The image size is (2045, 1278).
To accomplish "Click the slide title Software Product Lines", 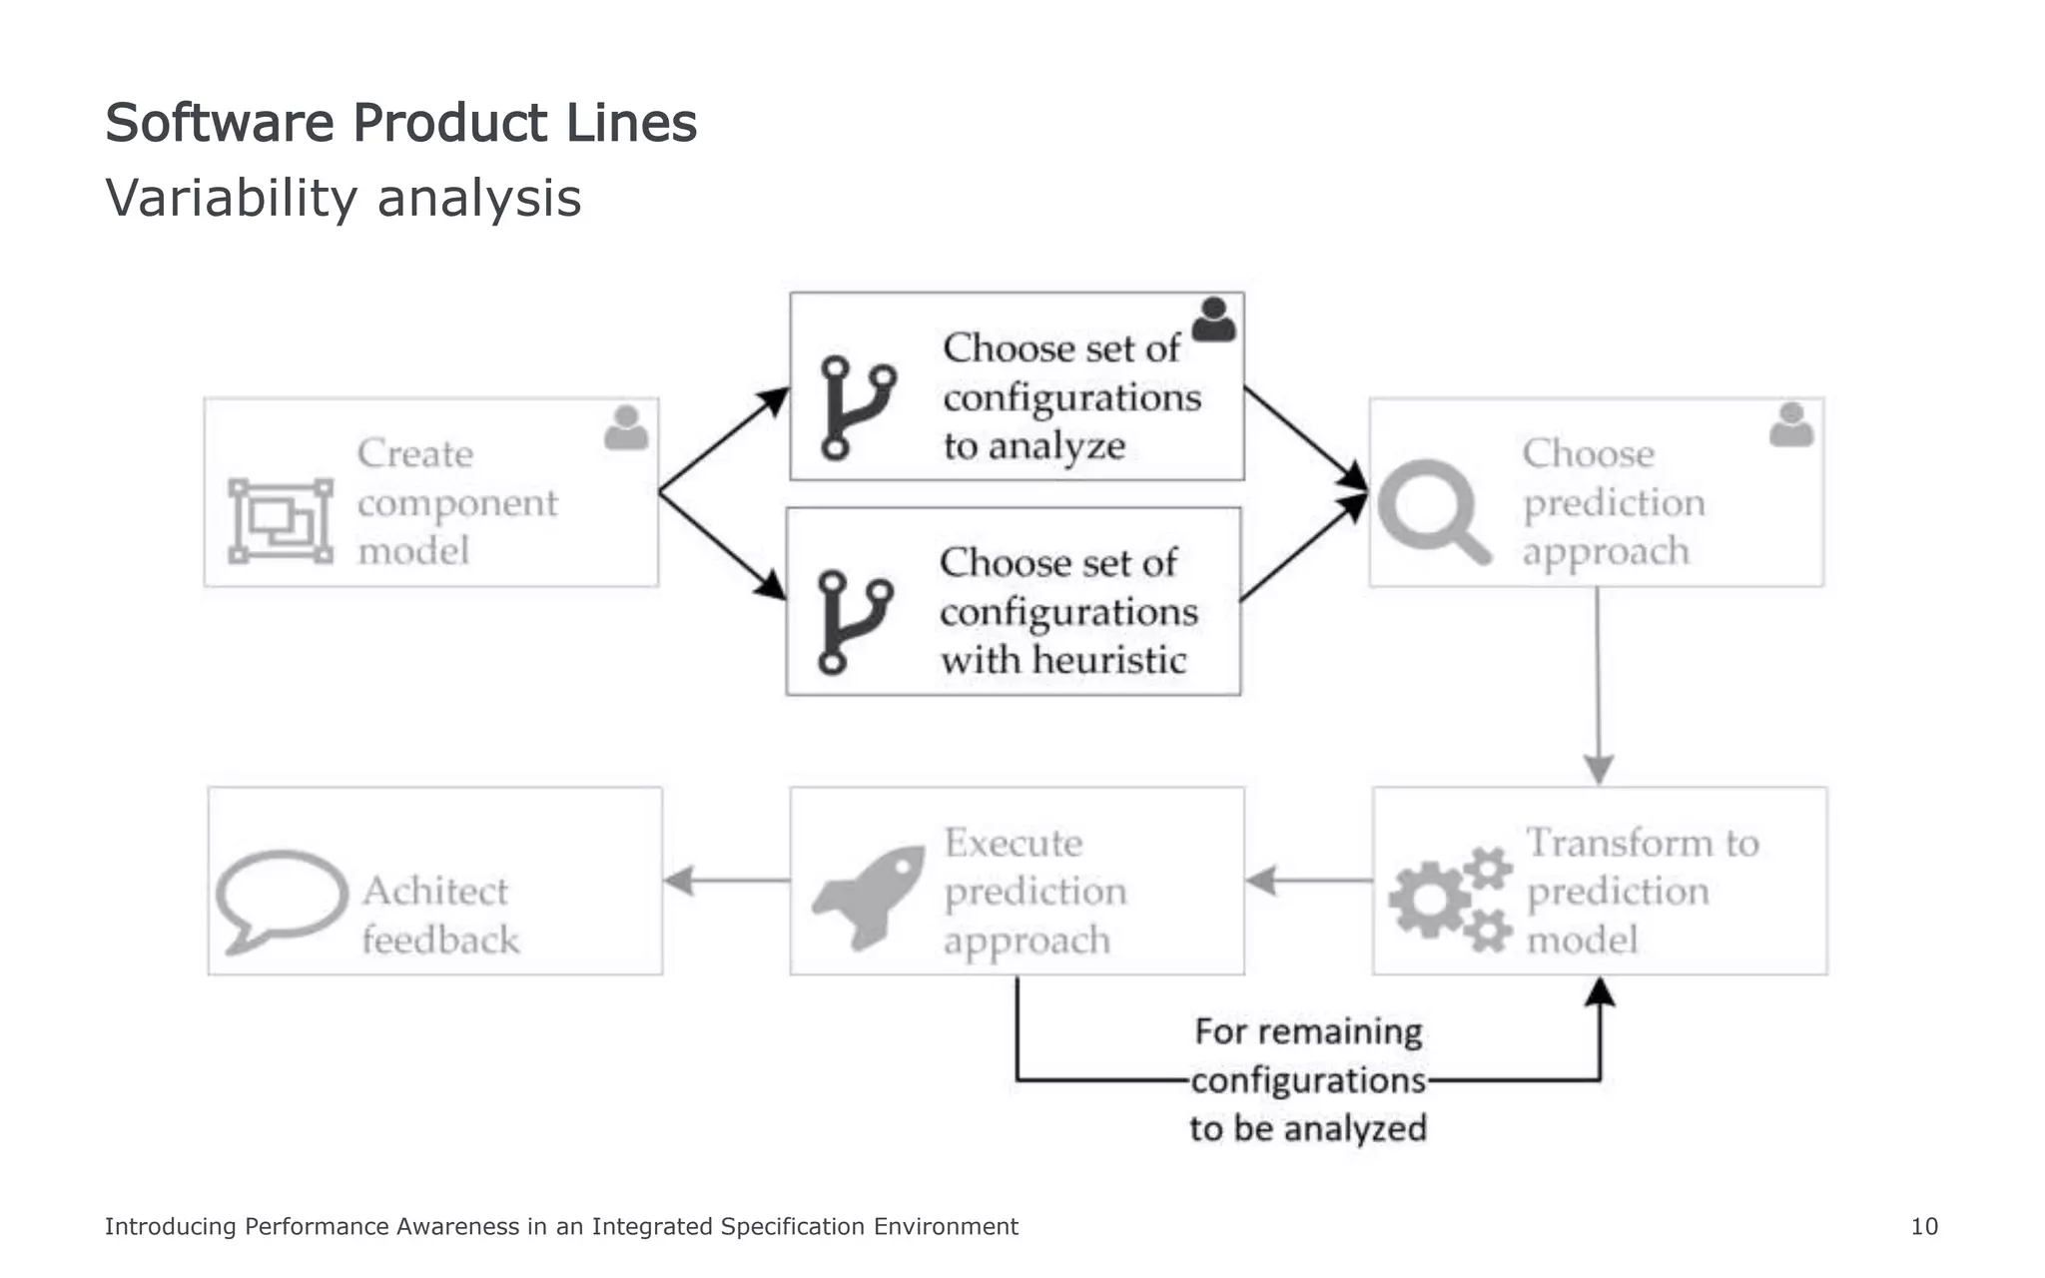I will pyautogui.click(x=400, y=124).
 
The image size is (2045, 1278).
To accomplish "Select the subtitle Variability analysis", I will pyautogui.click(x=342, y=198).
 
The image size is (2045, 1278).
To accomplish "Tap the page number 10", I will pyautogui.click(x=1923, y=1226).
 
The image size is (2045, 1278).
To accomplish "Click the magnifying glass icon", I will pyautogui.click(x=1432, y=510).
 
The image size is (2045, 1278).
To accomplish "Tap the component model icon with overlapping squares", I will pyautogui.click(x=281, y=520).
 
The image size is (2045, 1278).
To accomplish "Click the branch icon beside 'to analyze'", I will pyautogui.click(x=857, y=407).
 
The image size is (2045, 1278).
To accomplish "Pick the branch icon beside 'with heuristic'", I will pyautogui.click(x=854, y=622).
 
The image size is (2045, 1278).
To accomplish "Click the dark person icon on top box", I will pyautogui.click(x=1213, y=319).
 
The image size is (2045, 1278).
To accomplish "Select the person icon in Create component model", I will pyautogui.click(x=626, y=427).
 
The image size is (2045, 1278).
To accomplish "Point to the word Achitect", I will pyautogui.click(x=434, y=891).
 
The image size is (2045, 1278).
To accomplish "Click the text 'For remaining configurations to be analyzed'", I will pyautogui.click(x=1307, y=1079).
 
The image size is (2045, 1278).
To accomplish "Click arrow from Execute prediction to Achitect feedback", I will pyautogui.click(x=726, y=881).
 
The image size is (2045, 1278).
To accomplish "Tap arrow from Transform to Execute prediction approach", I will pyautogui.click(x=1308, y=881).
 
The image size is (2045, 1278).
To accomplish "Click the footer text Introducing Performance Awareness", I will pyautogui.click(x=561, y=1226).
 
